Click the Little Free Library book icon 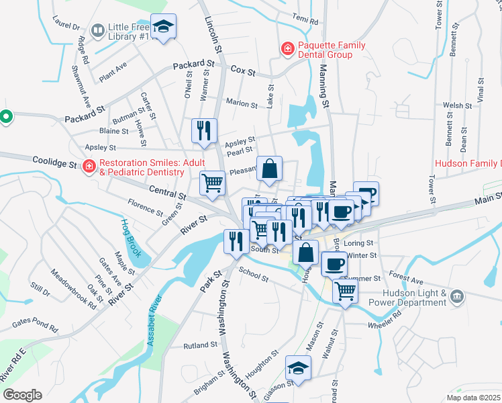click(98, 30)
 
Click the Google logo click(22, 395)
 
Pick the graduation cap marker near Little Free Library click(163, 26)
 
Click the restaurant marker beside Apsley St click(204, 130)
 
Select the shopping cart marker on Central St click(212, 182)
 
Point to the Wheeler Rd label click(384, 326)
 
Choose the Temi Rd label click(305, 19)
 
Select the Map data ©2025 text click(473, 398)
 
